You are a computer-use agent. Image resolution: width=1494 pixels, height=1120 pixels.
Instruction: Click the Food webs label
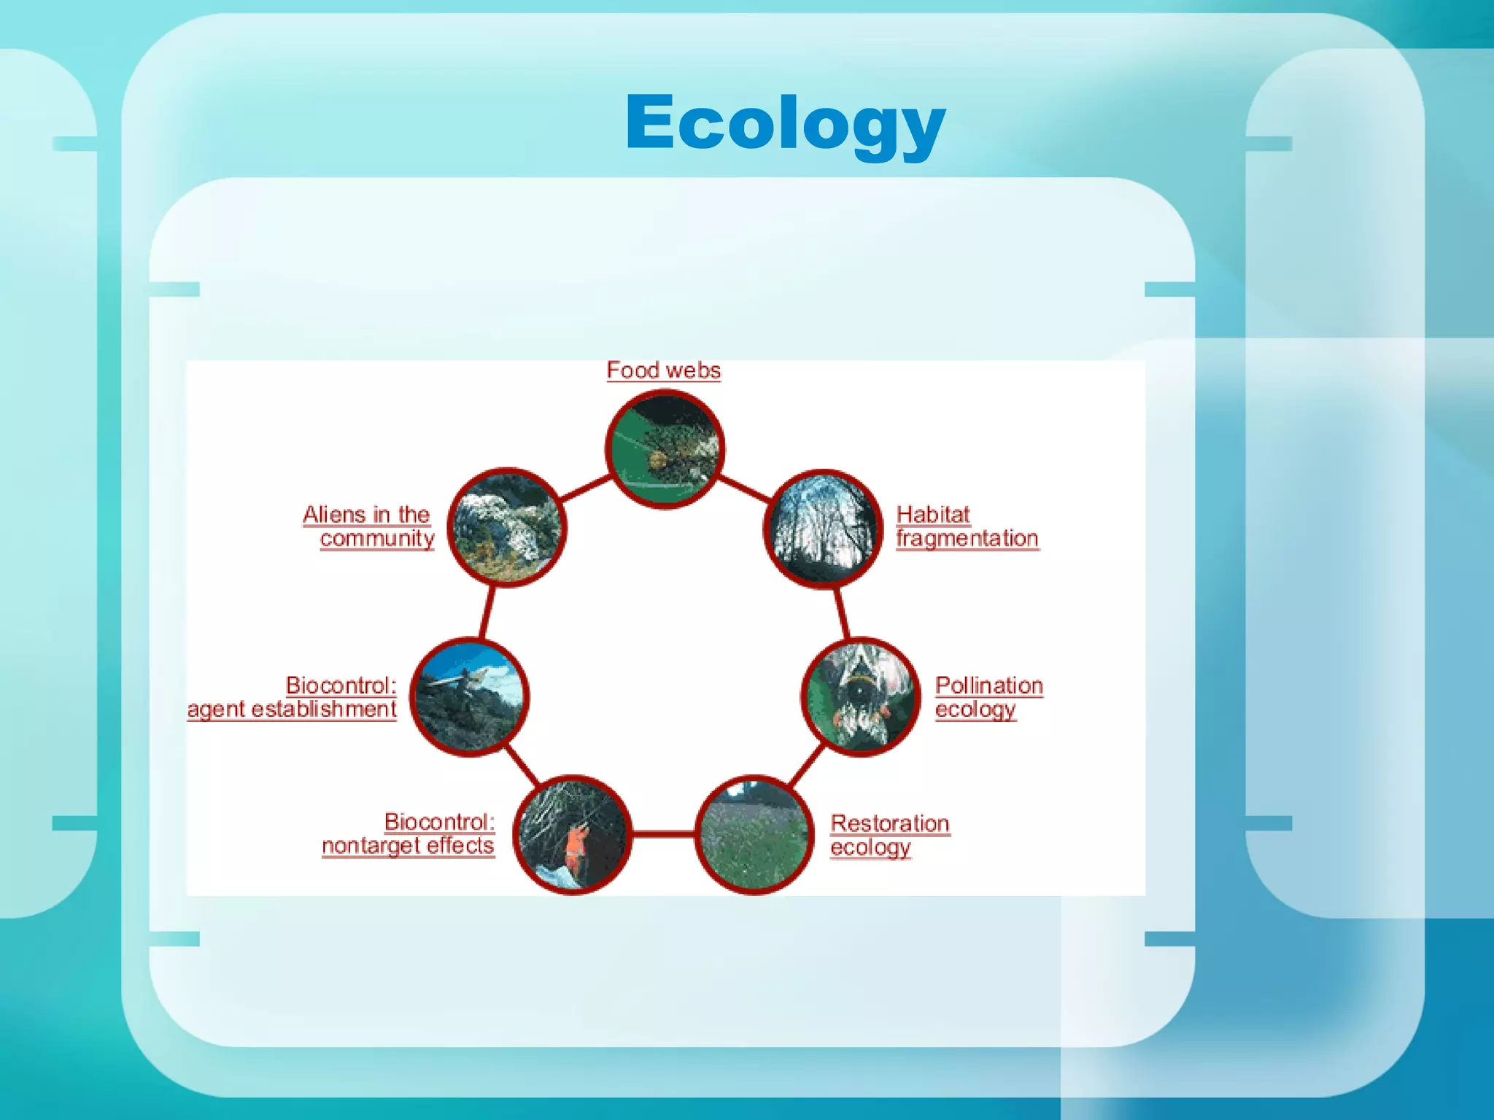click(663, 370)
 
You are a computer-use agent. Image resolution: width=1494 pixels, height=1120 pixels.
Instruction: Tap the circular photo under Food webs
click(665, 449)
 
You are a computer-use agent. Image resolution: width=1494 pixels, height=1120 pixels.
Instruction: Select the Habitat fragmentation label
click(966, 526)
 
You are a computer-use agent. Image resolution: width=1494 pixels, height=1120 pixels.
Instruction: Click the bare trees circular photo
click(823, 528)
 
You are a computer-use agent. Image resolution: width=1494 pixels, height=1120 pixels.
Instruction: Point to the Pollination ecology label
click(988, 697)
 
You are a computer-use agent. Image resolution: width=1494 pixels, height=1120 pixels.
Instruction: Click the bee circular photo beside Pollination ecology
click(861, 697)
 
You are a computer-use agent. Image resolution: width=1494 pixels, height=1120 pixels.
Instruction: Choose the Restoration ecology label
click(889, 835)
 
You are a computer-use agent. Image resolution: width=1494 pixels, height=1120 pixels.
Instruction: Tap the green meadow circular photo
click(754, 834)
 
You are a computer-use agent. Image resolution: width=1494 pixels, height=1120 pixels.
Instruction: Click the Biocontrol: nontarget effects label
click(409, 833)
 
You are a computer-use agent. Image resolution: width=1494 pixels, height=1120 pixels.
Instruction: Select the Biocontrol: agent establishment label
click(292, 697)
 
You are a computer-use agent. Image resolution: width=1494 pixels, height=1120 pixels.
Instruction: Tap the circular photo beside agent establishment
click(469, 697)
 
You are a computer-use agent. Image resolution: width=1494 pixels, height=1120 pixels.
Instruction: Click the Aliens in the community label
click(368, 526)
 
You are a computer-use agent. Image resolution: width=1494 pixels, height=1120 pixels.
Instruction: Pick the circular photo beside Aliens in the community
click(507, 526)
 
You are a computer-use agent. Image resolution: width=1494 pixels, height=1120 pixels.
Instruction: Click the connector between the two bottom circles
click(663, 833)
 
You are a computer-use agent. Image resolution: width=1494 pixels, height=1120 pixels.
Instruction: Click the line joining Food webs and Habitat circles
click(745, 489)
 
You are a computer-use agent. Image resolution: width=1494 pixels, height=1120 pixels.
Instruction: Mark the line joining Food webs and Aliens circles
click(585, 489)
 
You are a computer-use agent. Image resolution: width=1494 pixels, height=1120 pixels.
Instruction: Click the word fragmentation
click(967, 539)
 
